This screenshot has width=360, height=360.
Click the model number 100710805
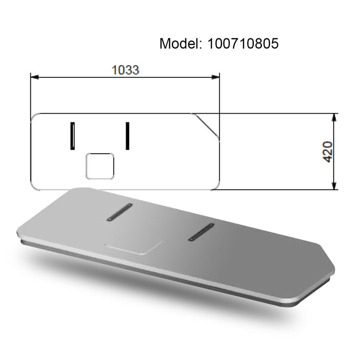coord(243,44)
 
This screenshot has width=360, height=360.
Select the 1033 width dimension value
coord(126,70)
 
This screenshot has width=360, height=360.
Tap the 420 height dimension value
coord(328,152)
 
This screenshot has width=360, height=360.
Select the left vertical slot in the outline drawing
coord(72,136)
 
